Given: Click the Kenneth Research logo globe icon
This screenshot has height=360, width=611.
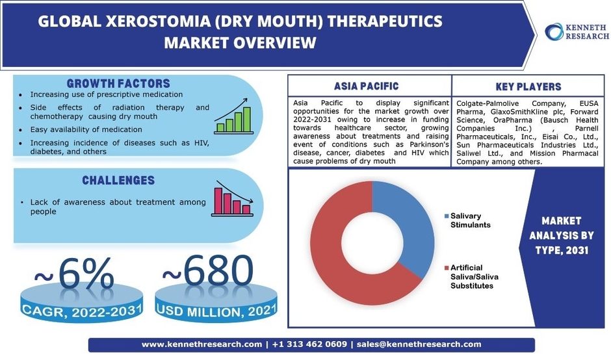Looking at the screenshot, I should (554, 31).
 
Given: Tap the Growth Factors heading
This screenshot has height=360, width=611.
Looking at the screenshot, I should (118, 84).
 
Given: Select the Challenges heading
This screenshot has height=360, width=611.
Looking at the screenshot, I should (118, 180).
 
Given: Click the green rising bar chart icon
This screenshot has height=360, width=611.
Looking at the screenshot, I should (233, 116).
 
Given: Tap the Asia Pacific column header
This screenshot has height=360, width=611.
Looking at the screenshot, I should (367, 86).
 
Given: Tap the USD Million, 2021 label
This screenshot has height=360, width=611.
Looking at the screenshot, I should (213, 311).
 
